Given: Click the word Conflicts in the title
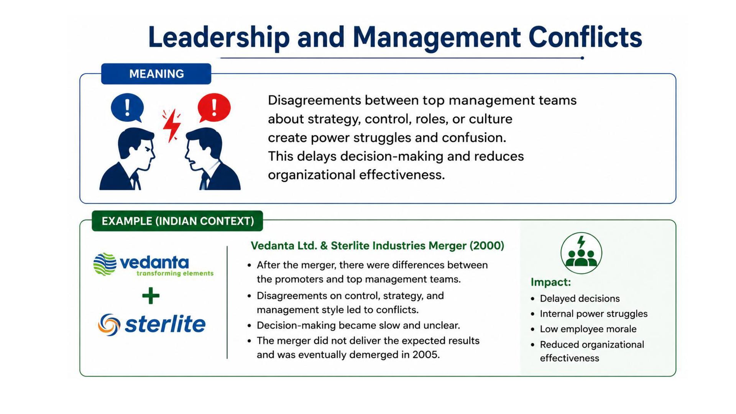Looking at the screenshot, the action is [585, 37].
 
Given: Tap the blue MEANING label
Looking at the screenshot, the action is [156, 74].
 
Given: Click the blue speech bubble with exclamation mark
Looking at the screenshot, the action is [127, 108].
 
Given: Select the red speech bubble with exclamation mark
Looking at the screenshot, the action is [214, 108].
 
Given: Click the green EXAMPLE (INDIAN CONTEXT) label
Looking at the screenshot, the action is [177, 221].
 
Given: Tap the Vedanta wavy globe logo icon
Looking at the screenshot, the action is [105, 264].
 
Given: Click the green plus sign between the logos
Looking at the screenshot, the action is [151, 296].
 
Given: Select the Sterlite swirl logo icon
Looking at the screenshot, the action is [109, 325].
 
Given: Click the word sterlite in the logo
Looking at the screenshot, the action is [165, 324].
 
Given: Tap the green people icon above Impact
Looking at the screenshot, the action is [581, 253].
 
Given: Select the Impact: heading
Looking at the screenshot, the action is [551, 282].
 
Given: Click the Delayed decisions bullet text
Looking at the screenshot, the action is [580, 299].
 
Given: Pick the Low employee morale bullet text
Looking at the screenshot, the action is [588, 329].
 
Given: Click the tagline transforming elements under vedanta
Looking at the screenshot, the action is [175, 273].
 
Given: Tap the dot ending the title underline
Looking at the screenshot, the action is [582, 58].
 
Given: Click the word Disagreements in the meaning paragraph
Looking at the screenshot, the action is [314, 100].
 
